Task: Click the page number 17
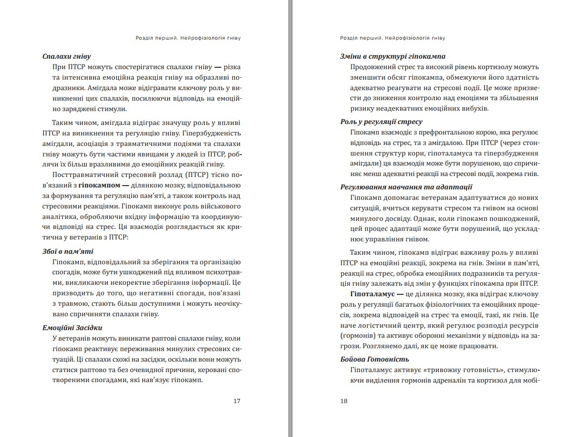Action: pyautogui.click(x=237, y=401)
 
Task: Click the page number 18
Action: pyautogui.click(x=344, y=401)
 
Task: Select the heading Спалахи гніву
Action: pyautogui.click(x=67, y=56)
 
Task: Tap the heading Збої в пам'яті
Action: pyautogui.click(x=68, y=251)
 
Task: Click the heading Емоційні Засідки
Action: pyautogui.click(x=72, y=327)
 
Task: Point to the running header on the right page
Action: pyautogui.click(x=396, y=37)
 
